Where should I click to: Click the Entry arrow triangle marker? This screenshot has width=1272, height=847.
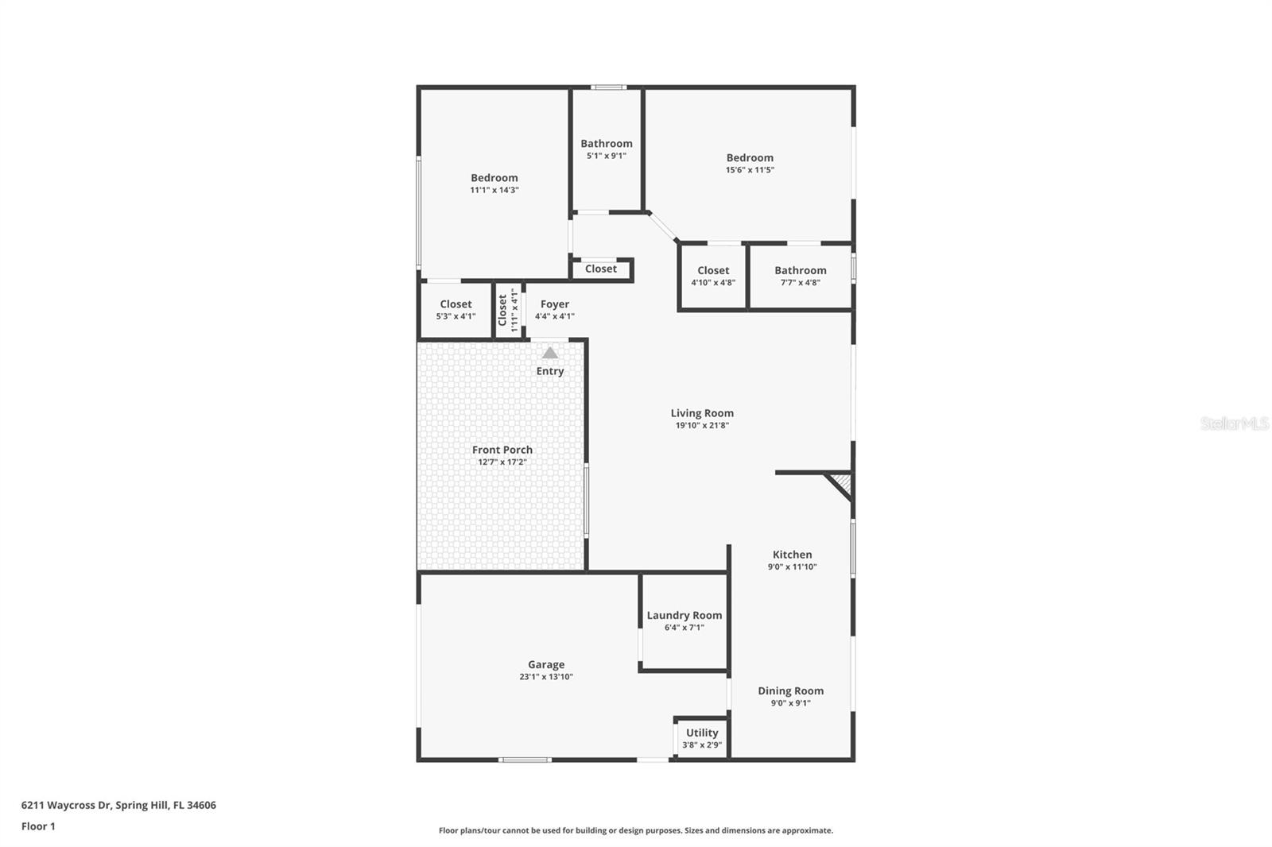point(550,353)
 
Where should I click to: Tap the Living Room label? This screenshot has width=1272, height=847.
point(702,413)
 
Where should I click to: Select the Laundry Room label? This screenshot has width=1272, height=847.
point(684,615)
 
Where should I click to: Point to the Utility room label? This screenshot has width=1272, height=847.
point(702,733)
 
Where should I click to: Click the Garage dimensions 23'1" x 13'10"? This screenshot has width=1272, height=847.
point(546,677)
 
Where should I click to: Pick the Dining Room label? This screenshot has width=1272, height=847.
point(790,691)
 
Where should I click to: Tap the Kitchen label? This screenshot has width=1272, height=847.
point(792,555)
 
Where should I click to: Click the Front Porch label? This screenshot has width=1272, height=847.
point(502,450)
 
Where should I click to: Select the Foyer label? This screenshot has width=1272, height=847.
point(555,304)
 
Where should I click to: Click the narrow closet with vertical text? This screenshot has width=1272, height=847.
point(507,310)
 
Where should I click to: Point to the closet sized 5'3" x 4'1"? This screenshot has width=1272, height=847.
point(456,310)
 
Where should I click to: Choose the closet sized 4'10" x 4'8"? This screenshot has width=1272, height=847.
point(713,276)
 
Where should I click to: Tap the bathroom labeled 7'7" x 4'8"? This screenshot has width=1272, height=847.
point(801,276)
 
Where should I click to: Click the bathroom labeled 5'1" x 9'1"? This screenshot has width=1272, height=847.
point(607,149)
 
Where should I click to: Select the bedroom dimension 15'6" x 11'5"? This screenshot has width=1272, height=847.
point(750,170)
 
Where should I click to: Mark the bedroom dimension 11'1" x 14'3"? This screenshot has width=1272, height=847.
point(494,191)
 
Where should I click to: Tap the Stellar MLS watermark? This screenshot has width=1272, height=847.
point(1235,423)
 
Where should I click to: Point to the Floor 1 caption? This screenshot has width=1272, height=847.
point(38,826)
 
